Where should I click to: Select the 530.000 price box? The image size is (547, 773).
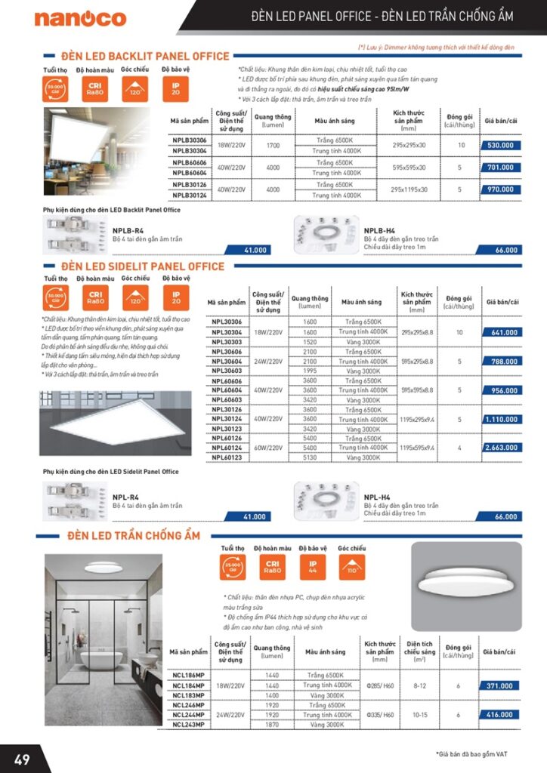click(x=501, y=145)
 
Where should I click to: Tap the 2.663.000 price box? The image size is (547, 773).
click(x=502, y=448)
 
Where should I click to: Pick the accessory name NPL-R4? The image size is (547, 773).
click(x=125, y=497)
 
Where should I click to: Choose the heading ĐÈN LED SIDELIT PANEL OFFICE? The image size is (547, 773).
click(x=143, y=266)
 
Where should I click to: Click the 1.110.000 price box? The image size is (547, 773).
click(x=502, y=419)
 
